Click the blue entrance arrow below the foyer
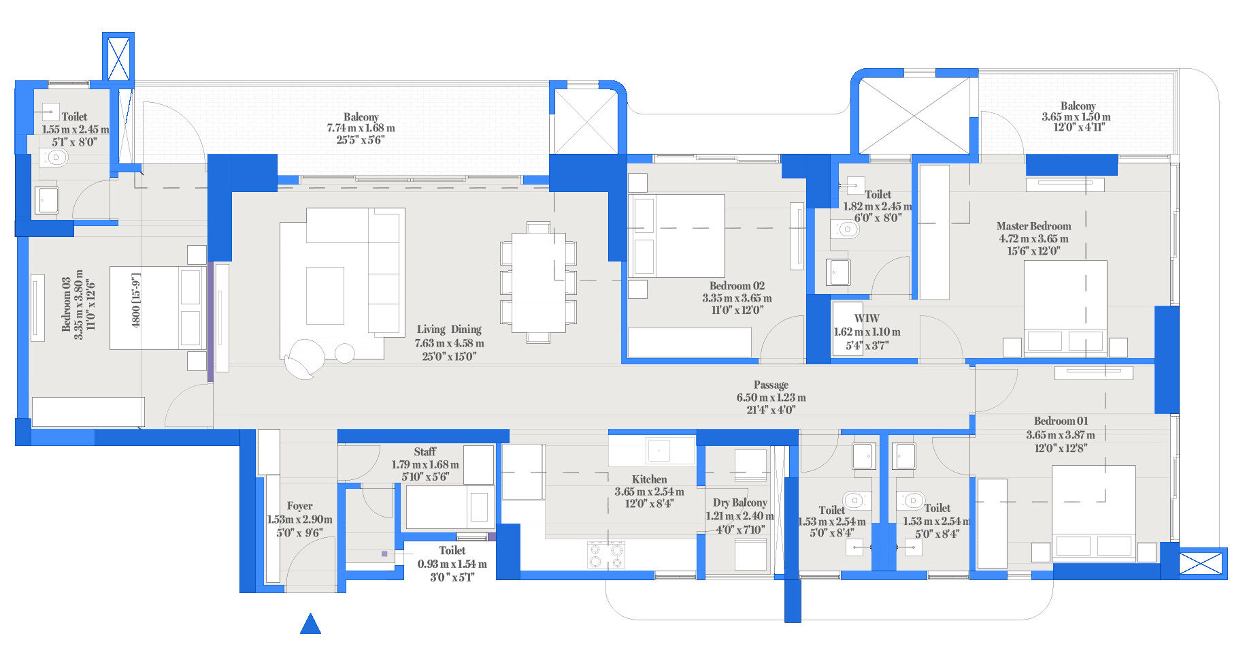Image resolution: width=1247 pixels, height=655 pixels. (x=310, y=624)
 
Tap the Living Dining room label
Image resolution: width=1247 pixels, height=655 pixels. (x=449, y=330)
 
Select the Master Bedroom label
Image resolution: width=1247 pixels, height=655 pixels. (x=1033, y=226)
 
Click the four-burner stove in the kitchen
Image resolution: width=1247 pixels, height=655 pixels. (x=605, y=554)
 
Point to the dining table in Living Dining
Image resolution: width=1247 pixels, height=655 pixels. (x=538, y=282)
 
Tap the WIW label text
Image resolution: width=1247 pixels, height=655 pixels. (x=866, y=318)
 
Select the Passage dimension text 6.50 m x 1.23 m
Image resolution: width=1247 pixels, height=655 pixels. (x=771, y=398)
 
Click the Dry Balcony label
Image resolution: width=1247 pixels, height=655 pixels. (x=739, y=502)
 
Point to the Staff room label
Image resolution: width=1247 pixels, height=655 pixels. (x=425, y=451)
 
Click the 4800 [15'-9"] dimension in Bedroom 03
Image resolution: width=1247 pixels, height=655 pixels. (x=135, y=300)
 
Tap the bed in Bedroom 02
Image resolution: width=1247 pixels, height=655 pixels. (x=677, y=236)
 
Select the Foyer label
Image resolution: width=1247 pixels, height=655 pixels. (x=299, y=506)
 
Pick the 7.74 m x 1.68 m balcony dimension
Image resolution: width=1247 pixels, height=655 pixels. (x=361, y=128)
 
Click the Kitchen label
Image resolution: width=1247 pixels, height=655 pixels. (x=649, y=479)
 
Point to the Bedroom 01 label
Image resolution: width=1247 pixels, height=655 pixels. (x=1061, y=421)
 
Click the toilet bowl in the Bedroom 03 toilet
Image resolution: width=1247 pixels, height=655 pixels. (x=54, y=159)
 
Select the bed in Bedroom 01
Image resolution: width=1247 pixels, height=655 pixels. (x=1093, y=513)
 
